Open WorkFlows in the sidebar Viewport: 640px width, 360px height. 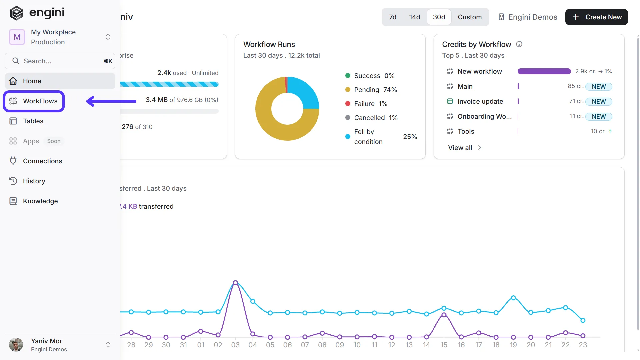pos(34,101)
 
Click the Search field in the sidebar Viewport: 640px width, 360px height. pos(60,61)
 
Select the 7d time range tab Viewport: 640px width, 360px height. pos(393,17)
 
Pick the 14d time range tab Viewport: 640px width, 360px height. pos(414,17)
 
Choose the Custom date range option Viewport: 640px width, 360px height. pos(470,17)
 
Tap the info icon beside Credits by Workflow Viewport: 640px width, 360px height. pos(519,44)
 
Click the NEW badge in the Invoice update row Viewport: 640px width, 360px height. pos(599,101)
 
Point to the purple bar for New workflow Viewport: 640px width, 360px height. pos(544,71)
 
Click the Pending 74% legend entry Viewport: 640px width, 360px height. pos(371,90)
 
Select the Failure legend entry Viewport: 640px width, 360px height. pos(366,104)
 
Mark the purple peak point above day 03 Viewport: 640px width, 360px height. pos(235,283)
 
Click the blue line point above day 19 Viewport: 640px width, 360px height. pos(513,298)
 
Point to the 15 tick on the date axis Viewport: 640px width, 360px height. pos(444,345)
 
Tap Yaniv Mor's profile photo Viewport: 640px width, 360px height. pos(16,345)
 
